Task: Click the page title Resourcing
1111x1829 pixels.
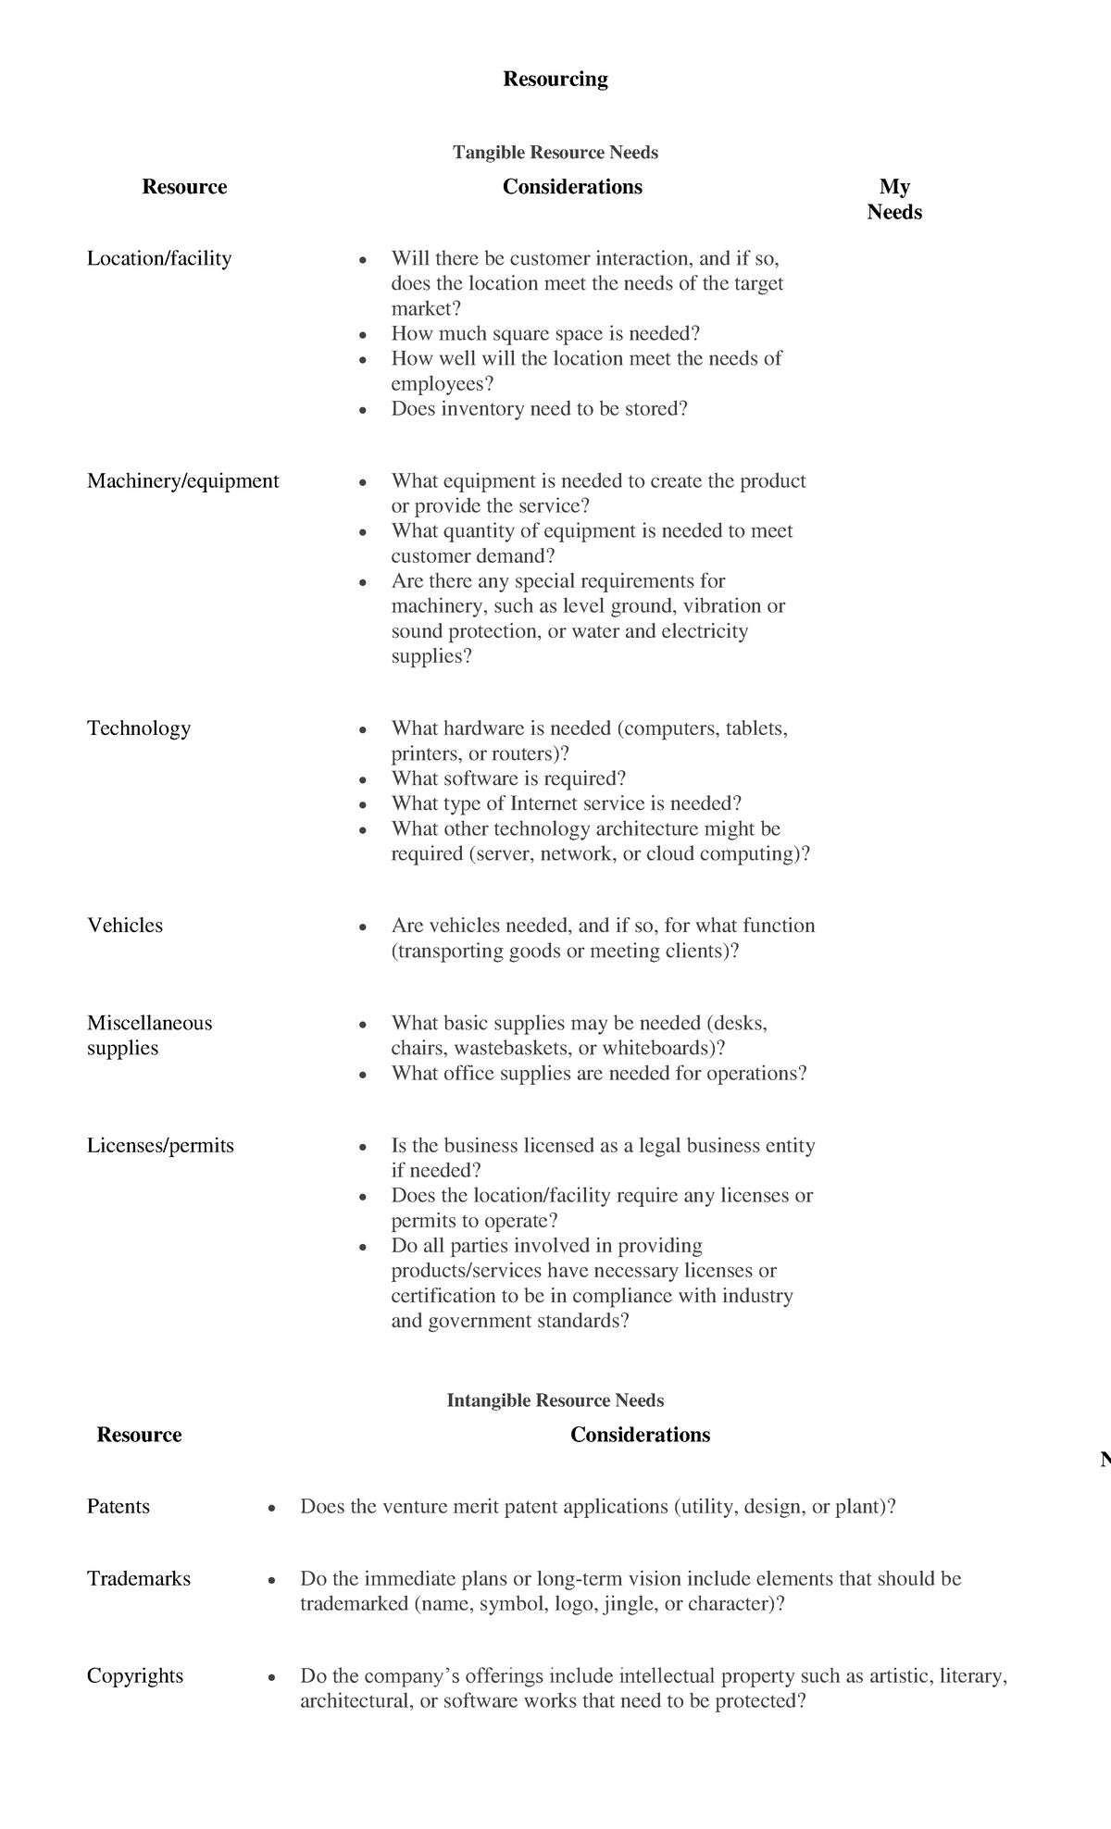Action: (555, 80)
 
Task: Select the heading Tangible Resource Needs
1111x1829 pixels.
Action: (555, 152)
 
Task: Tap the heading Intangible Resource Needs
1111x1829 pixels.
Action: (555, 1400)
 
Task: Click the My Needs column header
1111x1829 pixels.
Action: (894, 199)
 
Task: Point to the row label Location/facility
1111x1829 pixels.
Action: (159, 258)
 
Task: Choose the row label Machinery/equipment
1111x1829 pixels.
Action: (182, 480)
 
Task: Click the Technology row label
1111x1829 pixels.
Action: (139, 728)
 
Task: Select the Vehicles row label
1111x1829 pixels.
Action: (125, 926)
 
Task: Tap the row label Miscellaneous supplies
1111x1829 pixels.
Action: (149, 1035)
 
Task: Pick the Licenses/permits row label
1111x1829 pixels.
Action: (160, 1145)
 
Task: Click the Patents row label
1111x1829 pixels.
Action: (118, 1506)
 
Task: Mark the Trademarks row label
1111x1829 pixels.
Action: (139, 1578)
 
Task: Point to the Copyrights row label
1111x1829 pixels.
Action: (135, 1675)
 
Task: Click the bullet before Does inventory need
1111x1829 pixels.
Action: (364, 410)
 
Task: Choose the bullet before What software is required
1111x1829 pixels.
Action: (364, 779)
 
